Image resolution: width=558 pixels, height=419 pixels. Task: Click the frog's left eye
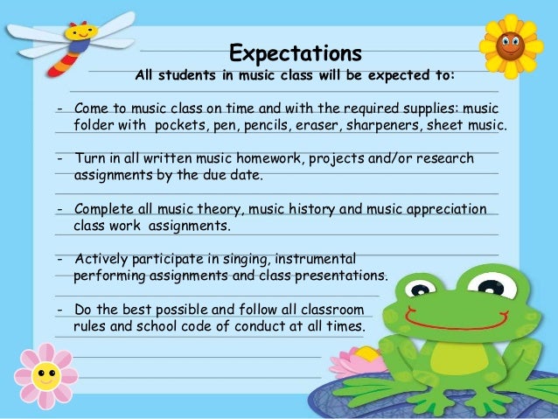(x=422, y=288)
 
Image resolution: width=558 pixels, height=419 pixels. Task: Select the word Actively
(x=101, y=259)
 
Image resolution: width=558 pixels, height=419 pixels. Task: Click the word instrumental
(x=310, y=259)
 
